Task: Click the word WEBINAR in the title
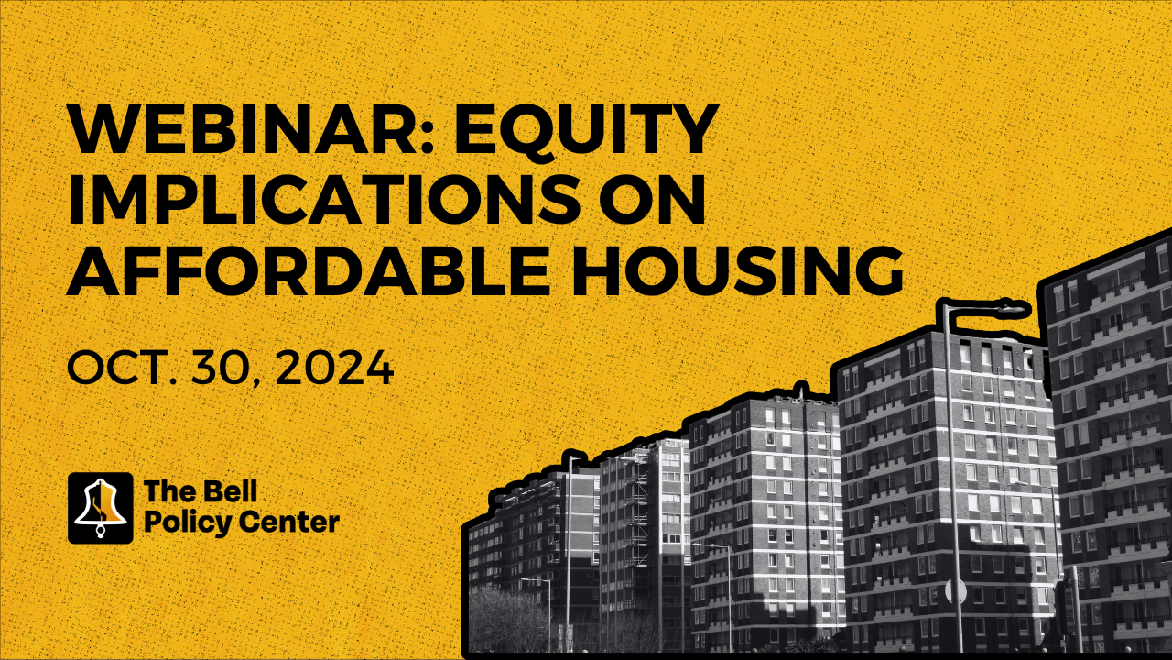pyautogui.click(x=246, y=129)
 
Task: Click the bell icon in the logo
pyautogui.click(x=101, y=508)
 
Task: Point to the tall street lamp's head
pyautogui.click(x=1007, y=306)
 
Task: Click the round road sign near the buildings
pyautogui.click(x=955, y=591)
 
